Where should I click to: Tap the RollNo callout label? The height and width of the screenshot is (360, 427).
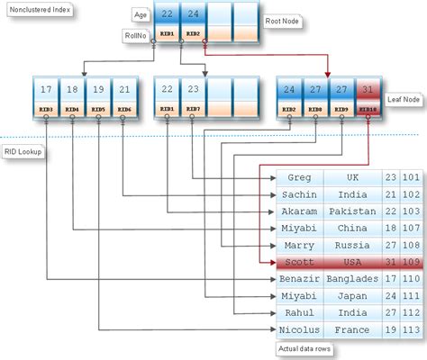coord(134,36)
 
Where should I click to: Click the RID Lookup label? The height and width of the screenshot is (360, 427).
coord(24,152)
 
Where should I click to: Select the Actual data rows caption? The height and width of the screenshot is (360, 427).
coord(306,348)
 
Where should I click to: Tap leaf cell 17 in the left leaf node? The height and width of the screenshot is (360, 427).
coord(46,91)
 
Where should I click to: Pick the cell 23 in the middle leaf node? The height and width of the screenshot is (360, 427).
coord(194,91)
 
